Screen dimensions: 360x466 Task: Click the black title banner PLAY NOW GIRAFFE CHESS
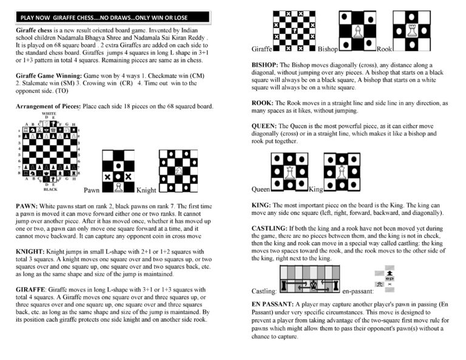click(113, 18)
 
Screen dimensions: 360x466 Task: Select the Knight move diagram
click(178, 170)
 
